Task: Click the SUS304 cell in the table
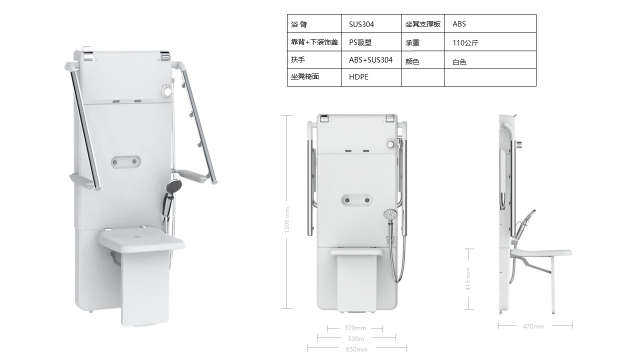coord(371,23)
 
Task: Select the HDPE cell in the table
coord(371,77)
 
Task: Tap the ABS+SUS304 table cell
coord(371,59)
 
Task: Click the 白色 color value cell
coord(490,59)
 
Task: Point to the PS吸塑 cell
coord(371,41)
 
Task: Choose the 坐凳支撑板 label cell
coord(423,23)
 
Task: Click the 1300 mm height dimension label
coord(287,220)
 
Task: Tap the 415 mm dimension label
coord(467,279)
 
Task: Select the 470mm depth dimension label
coord(533,326)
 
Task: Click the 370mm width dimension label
coord(355,328)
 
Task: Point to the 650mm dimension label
coord(356,349)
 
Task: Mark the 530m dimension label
coord(355,339)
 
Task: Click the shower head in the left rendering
coord(173,185)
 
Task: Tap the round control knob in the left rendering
coord(166,90)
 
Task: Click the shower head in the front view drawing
coord(390,215)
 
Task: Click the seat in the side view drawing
coord(541,252)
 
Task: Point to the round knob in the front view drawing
coord(390,143)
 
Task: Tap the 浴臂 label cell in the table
coord(314,23)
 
